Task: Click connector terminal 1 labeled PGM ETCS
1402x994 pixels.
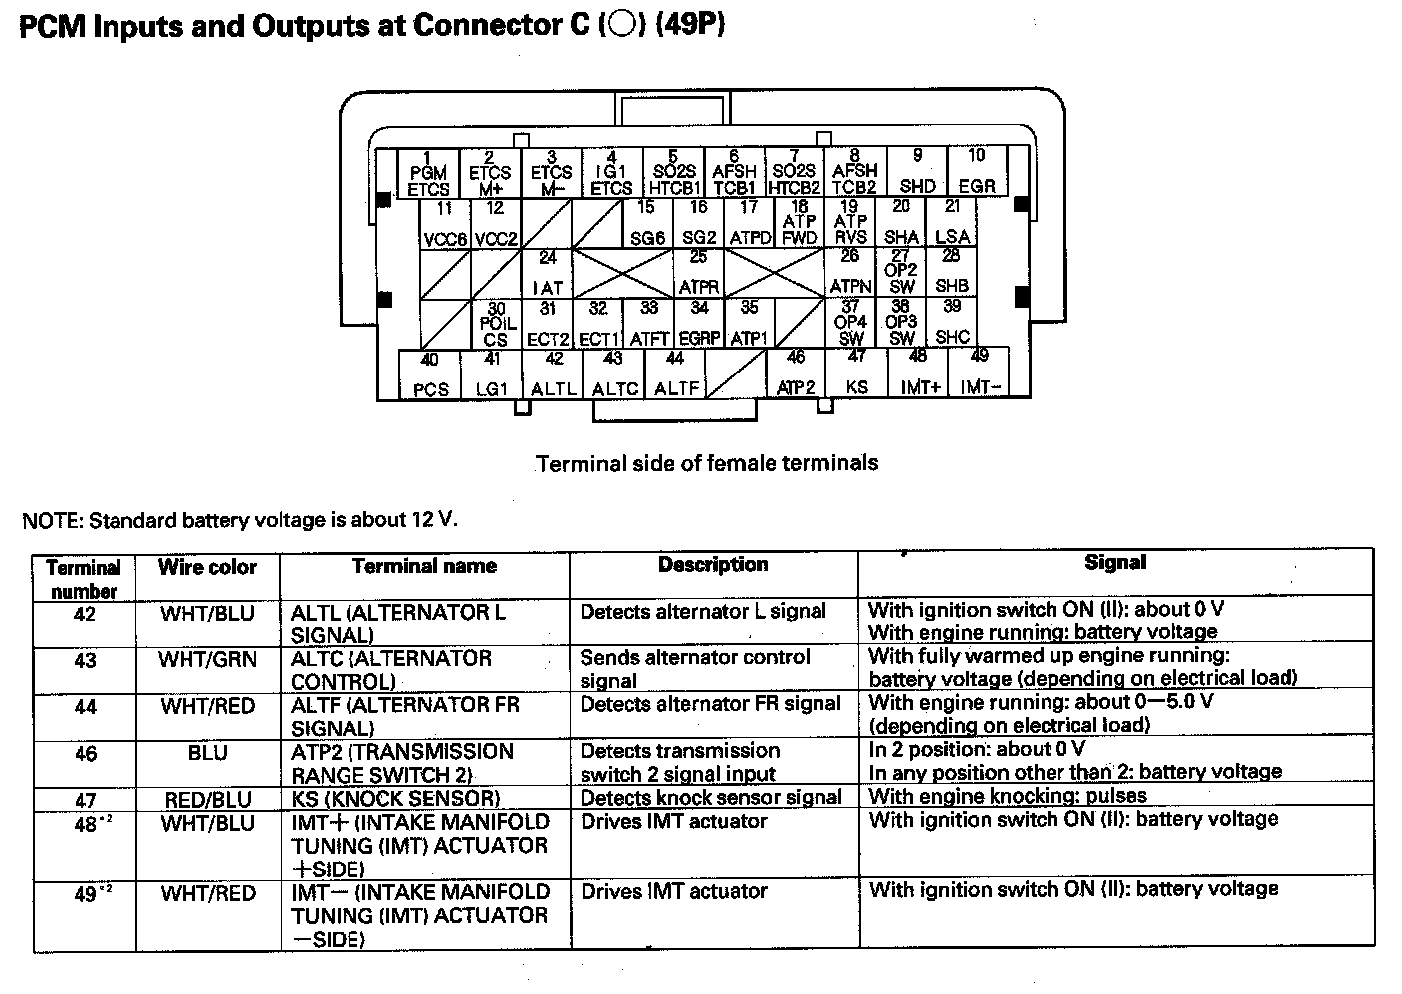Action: pyautogui.click(x=428, y=174)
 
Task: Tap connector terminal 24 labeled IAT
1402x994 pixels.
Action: pyautogui.click(x=547, y=273)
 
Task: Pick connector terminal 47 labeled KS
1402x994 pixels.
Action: pyautogui.click(x=856, y=373)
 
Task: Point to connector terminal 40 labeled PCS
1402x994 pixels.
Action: pyautogui.click(x=430, y=375)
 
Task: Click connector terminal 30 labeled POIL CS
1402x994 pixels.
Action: pyautogui.click(x=496, y=324)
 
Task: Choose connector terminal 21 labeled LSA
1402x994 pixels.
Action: pyautogui.click(x=952, y=223)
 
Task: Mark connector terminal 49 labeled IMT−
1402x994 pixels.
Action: pyautogui.click(x=980, y=373)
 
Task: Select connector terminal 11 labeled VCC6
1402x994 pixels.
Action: pyautogui.click(x=444, y=224)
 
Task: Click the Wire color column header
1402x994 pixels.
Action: pyautogui.click(x=207, y=568)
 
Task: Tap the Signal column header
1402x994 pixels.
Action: pyautogui.click(x=1115, y=563)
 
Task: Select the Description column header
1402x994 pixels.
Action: pyautogui.click(x=713, y=565)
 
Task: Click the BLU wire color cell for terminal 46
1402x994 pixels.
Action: pyautogui.click(x=207, y=754)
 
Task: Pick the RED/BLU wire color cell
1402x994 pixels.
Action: pyautogui.click(x=207, y=799)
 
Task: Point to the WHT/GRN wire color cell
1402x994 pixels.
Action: pyautogui.click(x=207, y=660)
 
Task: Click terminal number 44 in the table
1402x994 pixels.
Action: pyautogui.click(x=85, y=707)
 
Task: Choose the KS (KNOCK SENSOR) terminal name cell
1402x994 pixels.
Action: pyautogui.click(x=394, y=799)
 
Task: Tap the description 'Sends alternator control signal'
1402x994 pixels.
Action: pyautogui.click(x=695, y=669)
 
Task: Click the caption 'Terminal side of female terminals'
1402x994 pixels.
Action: pyautogui.click(x=707, y=463)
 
